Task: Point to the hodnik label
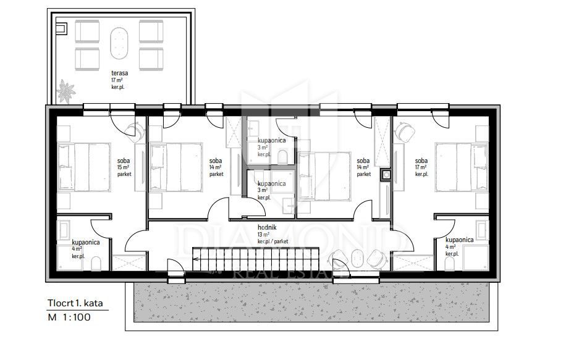[x=267, y=227]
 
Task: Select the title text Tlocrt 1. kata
[x=75, y=303]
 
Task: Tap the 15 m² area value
[x=123, y=167]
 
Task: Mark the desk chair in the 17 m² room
[x=405, y=132]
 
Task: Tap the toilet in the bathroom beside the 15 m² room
[x=96, y=265]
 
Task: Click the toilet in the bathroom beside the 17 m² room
[x=449, y=264]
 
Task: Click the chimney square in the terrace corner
[x=62, y=28]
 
